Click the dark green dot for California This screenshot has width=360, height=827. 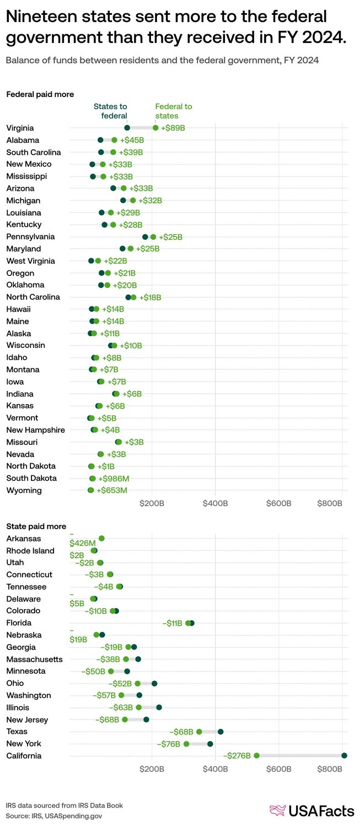coord(345,755)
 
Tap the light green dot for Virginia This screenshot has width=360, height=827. coord(155,128)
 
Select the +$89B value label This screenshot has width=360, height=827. coord(173,128)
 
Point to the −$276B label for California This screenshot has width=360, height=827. coord(237,755)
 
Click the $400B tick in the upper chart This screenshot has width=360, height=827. coord(215,503)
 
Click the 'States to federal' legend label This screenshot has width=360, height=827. coord(110,111)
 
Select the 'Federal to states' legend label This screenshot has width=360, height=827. coord(174,111)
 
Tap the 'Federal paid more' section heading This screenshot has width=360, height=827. coord(40,94)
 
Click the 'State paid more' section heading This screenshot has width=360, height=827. coord(36,526)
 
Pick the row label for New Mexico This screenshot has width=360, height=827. coord(29,164)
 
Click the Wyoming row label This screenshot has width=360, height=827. coord(24,490)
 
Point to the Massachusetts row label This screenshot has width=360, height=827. coord(34,659)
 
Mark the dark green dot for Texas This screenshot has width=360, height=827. coord(221,732)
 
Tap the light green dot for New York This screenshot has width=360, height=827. coord(186,744)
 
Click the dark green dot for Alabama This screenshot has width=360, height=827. coord(100,140)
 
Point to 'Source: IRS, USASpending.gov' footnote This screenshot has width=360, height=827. coord(54,815)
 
